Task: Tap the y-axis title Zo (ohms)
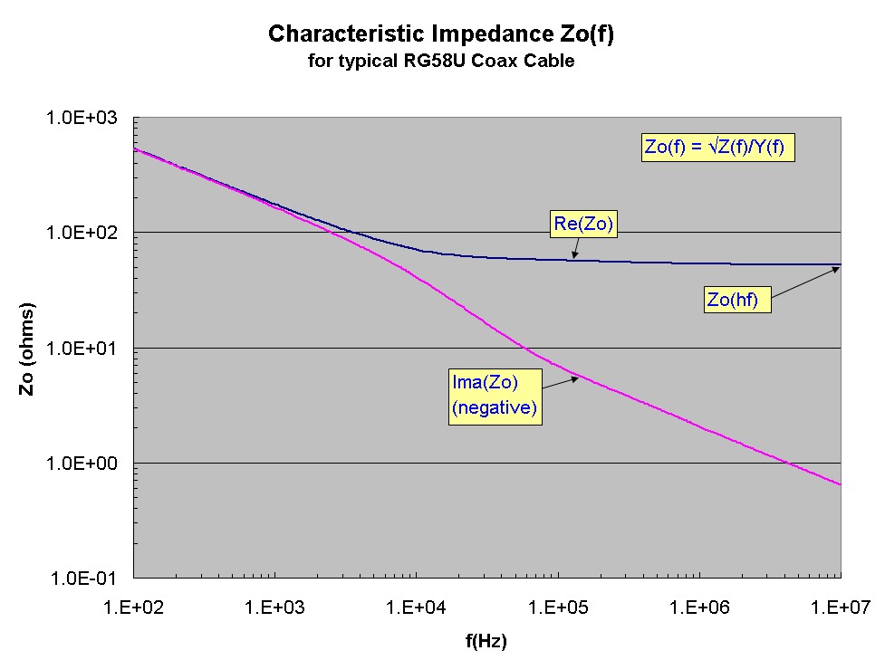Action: coord(27,349)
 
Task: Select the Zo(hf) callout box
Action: coord(737,300)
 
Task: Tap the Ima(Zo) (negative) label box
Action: coord(495,397)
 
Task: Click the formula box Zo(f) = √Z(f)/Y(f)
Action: coord(718,148)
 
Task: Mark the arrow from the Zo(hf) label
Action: coord(805,283)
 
